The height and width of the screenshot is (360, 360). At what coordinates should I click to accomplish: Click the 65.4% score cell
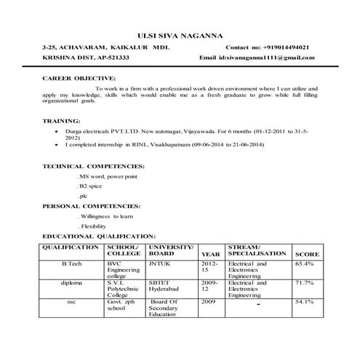click(x=304, y=263)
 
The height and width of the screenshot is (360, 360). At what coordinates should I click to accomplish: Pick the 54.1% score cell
click(x=304, y=301)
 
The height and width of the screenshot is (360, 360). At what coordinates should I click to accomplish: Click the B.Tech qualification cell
click(x=71, y=263)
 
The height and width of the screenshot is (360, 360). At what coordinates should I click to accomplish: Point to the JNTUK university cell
click(x=159, y=263)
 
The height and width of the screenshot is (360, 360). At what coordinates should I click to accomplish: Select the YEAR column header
click(x=210, y=254)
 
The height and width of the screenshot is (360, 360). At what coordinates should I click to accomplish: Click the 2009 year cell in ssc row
click(x=209, y=301)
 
